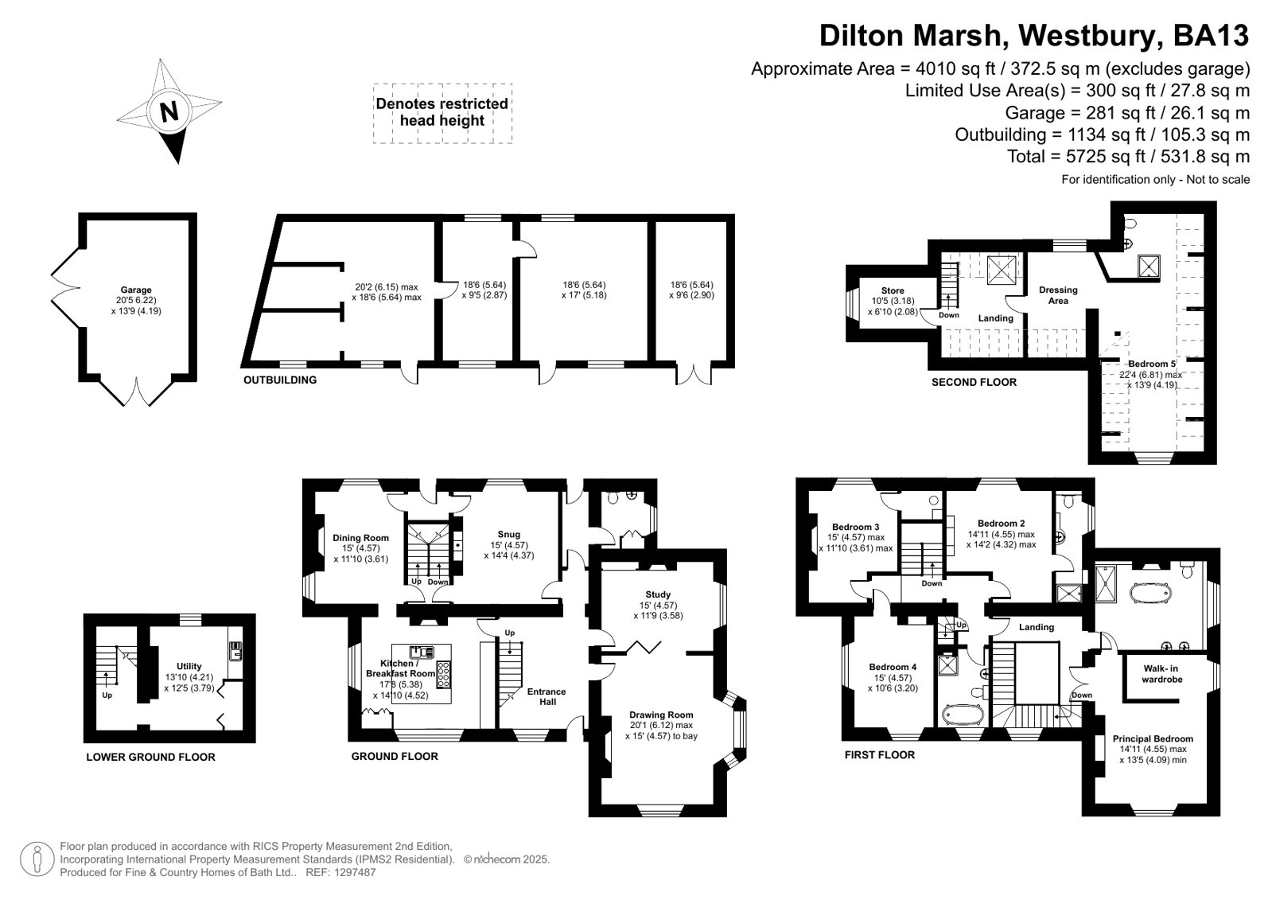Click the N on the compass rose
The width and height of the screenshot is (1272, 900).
169,112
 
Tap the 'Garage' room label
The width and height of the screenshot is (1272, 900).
136,290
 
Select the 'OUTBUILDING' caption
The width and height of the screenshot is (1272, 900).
280,380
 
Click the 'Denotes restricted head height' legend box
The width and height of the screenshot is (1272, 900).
442,113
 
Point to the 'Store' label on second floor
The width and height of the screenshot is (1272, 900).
893,290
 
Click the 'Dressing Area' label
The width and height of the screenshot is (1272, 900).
1058,295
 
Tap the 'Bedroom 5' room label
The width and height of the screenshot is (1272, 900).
1152,364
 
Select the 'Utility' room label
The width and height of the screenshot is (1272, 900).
189,666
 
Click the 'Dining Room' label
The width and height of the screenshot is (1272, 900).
360,537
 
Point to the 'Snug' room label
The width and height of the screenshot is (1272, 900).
509,534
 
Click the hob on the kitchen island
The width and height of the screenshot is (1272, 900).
443,675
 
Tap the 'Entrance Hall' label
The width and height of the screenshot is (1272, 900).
547,696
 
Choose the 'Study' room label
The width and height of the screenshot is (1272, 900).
658,594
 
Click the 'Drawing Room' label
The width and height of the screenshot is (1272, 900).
661,715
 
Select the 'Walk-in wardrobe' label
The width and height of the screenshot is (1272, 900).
1162,674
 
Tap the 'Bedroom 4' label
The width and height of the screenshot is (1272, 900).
893,667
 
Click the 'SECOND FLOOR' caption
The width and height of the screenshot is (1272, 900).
974,383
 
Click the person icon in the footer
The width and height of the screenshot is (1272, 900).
37,859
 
